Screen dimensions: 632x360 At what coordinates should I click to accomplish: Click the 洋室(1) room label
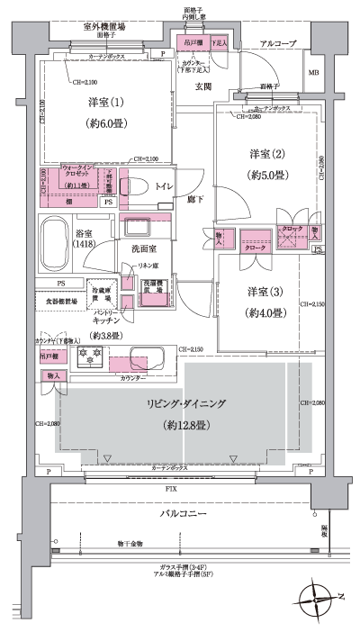pyautogui.click(x=99, y=102)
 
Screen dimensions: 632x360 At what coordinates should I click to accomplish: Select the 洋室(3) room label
pyautogui.click(x=264, y=292)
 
